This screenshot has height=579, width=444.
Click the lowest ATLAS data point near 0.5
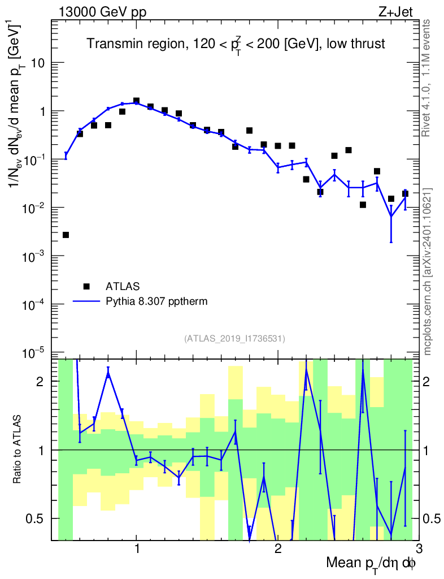tap(66, 235)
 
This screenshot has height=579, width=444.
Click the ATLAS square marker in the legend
tap(86, 286)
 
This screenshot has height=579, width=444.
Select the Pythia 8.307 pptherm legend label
tap(156, 302)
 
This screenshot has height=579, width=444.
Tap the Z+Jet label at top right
tap(395, 12)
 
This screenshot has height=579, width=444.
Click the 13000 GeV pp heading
tap(102, 12)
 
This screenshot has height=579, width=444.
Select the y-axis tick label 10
tap(38, 63)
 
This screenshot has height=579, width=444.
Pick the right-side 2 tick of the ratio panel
tap(426, 382)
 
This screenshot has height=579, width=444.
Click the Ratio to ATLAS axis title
tap(17, 449)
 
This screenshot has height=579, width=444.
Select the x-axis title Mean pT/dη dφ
tap(371, 564)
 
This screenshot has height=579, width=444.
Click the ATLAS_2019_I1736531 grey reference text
tap(234, 339)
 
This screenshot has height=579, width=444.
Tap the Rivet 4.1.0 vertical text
tap(426, 78)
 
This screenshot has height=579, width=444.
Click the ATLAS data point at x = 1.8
tap(249, 131)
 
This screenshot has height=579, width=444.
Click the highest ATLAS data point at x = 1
tap(137, 101)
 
